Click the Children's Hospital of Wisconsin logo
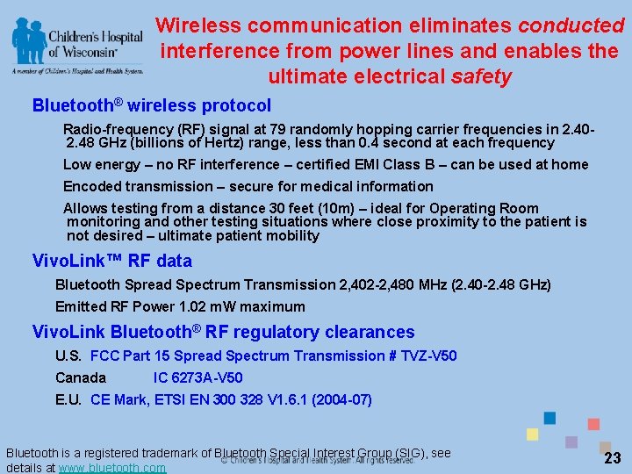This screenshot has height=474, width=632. pos(76,46)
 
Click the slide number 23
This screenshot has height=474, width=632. pos(613,458)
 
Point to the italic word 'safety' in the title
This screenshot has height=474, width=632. pos(481,77)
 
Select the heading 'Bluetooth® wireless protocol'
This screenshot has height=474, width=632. pos(152,106)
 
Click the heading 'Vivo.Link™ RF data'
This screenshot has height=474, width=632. pos(111,261)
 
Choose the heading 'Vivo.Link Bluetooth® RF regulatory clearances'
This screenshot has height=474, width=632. pos(223,332)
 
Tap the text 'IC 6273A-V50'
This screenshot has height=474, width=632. pos(198,377)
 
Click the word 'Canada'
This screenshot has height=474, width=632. pos(81,377)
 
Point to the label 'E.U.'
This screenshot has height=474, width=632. pos(68,399)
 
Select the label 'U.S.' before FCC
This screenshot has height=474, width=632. pos(68,355)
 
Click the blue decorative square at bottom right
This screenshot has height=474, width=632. pos(550,418)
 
